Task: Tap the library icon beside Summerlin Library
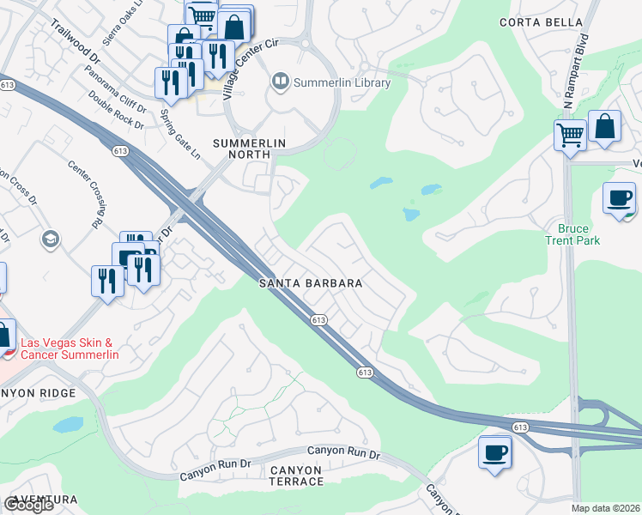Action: (x=280, y=82)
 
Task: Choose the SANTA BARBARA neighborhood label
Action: (x=312, y=282)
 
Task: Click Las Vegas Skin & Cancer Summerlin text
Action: (x=72, y=348)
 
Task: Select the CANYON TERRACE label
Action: (x=297, y=476)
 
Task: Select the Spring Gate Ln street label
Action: (x=179, y=127)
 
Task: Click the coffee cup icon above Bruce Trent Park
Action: (x=619, y=198)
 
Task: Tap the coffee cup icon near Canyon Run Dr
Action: (x=494, y=451)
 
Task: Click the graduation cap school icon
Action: (x=51, y=238)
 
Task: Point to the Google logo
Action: (x=27, y=505)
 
